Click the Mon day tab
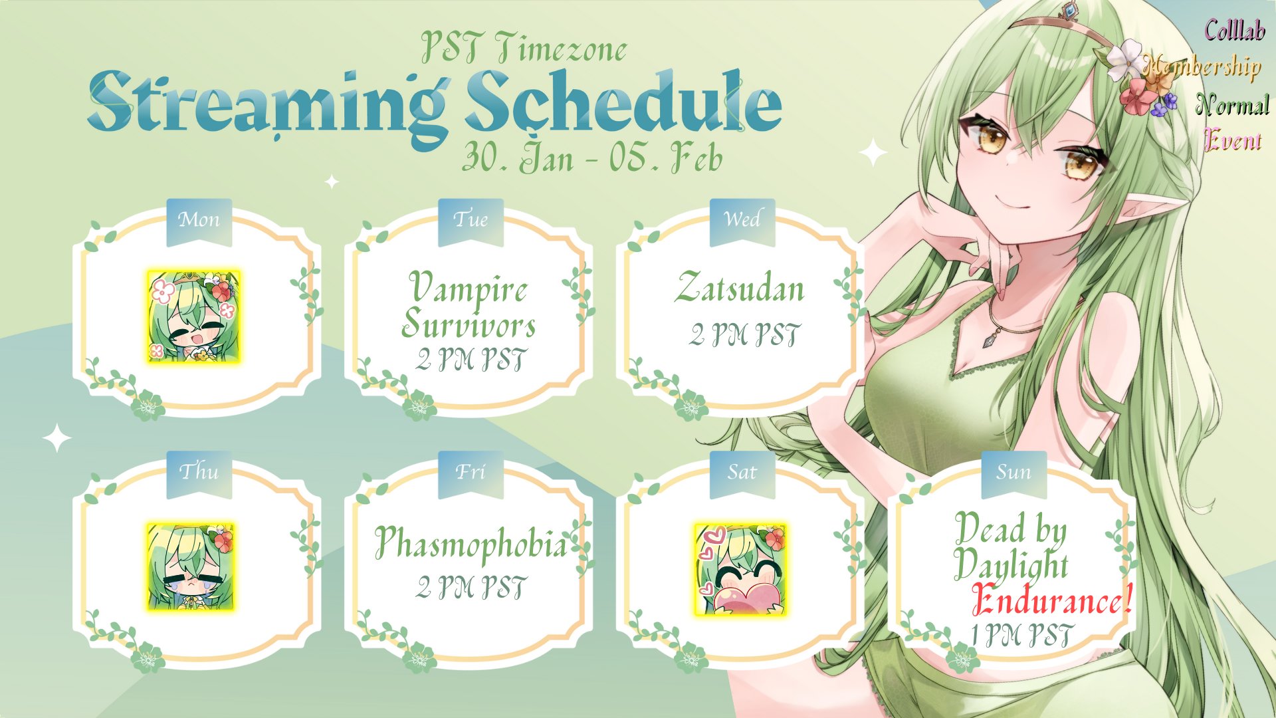(199, 221)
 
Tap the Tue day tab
(471, 221)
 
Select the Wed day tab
(742, 221)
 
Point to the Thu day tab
(199, 474)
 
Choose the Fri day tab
(471, 474)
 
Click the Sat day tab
(742, 474)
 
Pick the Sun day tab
(1014, 474)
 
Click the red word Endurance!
(1051, 600)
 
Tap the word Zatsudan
(740, 288)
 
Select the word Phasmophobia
(471, 543)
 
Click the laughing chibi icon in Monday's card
(193, 316)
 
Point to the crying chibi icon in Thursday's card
(190, 566)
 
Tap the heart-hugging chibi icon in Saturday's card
(740, 569)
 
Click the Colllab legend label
(1235, 31)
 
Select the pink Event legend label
(1233, 140)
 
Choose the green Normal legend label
(1232, 105)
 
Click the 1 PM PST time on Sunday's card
(1021, 635)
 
